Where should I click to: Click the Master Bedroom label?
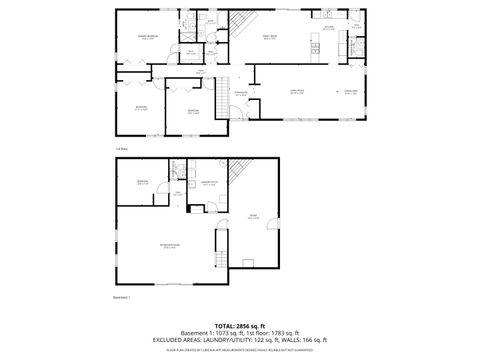click(147, 38)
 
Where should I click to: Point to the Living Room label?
click(297, 91)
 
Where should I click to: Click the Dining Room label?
click(350, 91)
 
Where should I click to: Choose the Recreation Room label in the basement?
click(170, 246)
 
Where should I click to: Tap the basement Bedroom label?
click(143, 182)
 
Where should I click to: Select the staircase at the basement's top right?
click(239, 173)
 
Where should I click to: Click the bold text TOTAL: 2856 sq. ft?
click(240, 326)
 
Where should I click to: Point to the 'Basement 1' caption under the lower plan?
click(125, 297)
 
